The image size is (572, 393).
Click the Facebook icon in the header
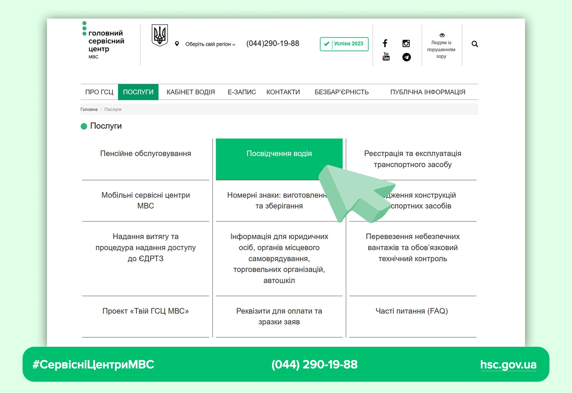385,43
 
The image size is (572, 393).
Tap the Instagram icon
406,44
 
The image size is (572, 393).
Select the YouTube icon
386,56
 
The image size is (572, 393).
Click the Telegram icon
406,57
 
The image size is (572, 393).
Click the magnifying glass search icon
474,44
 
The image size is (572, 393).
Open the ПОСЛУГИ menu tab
138,92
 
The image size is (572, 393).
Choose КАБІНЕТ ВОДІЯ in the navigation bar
190,92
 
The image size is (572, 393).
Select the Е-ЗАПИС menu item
242,92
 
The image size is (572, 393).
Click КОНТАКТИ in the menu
283,92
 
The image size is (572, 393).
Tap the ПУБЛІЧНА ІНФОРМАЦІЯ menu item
427,92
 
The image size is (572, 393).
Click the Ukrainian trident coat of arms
159,35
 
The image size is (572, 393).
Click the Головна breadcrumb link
89,110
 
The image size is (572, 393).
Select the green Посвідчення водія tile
279,154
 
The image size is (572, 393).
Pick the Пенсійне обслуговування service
146,154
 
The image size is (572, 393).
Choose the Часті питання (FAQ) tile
411,311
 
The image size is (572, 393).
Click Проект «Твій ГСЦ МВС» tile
146,311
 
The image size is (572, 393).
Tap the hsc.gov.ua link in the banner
508,365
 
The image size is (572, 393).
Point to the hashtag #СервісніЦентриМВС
94,365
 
